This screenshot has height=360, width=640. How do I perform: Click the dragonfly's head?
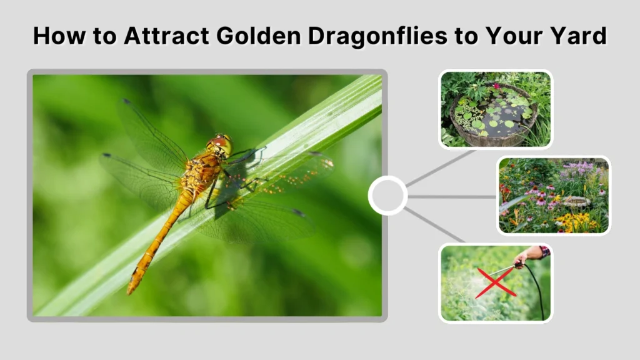coord(221,145)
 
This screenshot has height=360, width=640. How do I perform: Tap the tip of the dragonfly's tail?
coord(131,290)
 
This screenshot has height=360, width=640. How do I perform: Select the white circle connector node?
coord(387,196)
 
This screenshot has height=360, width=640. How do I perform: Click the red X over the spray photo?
coord(495,282)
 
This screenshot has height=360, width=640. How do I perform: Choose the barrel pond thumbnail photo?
coord(495,109)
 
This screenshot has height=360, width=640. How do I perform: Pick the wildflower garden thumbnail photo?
coord(554,196)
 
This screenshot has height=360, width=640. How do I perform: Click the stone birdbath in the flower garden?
coord(576,201)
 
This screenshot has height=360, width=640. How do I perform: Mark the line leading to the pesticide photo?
coord(436,226)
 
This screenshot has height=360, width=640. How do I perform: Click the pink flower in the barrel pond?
coord(497,86)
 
